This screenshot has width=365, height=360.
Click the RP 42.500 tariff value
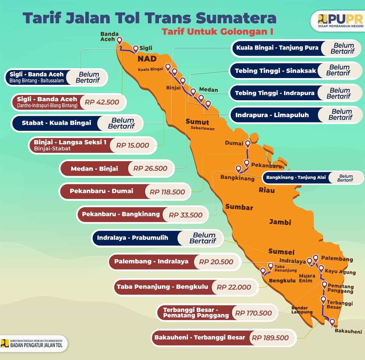102,102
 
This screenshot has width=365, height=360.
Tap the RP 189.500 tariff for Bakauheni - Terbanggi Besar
270,338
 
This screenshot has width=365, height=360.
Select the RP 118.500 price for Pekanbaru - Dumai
167,192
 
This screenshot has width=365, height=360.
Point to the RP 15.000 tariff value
133,145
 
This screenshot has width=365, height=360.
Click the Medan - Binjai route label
94,169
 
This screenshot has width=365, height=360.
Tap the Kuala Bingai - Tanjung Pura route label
277,48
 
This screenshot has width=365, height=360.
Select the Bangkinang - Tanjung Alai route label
296,177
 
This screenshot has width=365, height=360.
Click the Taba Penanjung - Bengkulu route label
162,287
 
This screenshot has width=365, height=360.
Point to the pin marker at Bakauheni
332,322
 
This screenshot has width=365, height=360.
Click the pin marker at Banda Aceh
120,40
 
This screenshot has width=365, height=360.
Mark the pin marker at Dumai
248,143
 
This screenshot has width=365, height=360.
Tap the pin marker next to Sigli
136,48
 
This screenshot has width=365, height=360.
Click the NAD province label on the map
147,59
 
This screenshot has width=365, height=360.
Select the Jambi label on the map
280,222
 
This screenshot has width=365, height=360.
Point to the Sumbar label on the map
239,207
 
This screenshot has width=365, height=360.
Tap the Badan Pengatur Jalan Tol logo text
36,345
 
